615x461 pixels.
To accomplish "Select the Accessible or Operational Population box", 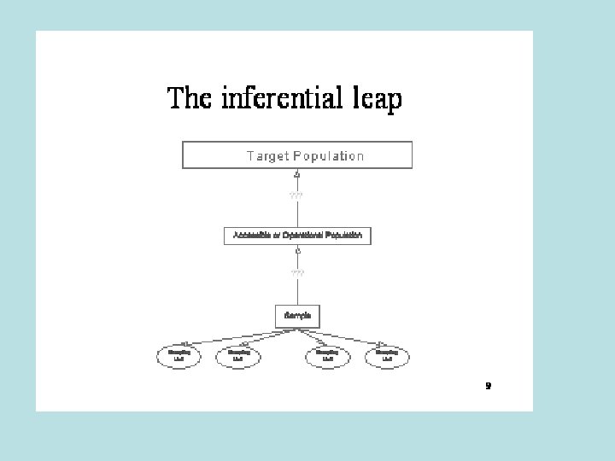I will [x=297, y=236].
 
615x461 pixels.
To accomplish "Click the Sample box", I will [x=297, y=316].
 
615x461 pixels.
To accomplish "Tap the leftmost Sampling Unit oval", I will [x=179, y=356].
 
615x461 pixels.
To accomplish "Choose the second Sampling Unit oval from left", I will [x=238, y=356].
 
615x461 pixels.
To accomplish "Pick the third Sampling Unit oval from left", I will [x=327, y=356].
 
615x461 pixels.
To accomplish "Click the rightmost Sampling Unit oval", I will [x=387, y=356].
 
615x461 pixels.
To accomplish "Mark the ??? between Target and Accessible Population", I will [x=296, y=195].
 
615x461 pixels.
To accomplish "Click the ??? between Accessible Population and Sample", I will [x=297, y=273].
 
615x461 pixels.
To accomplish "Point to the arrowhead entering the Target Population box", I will [x=297, y=173].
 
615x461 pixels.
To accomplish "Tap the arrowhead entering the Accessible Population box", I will [x=297, y=250].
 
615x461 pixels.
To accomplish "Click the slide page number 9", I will [x=488, y=386].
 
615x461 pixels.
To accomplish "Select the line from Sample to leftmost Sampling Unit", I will [x=231, y=335].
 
